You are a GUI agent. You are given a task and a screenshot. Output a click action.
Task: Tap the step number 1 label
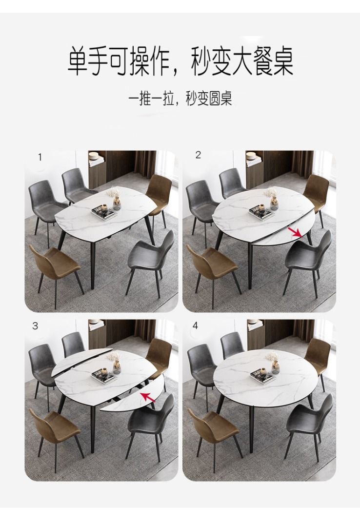click(x=40, y=157)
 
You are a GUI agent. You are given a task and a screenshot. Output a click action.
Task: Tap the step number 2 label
click(x=198, y=155)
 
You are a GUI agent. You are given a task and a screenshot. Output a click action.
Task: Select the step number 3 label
click(x=35, y=326)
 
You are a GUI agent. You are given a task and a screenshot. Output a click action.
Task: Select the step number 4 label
click(x=196, y=325)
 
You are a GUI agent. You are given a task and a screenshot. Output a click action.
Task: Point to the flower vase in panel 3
click(x=116, y=365)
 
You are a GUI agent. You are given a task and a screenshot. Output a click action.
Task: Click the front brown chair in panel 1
click(x=55, y=266)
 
